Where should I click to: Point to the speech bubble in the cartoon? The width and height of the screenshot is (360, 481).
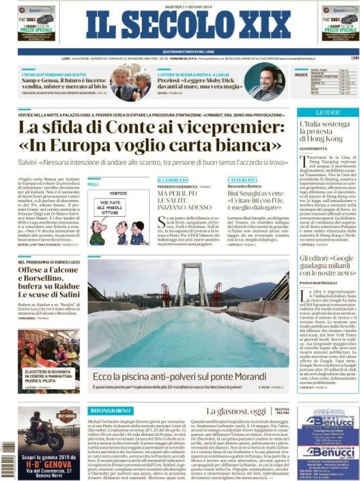110,207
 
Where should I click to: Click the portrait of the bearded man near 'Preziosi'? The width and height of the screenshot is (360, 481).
264,83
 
